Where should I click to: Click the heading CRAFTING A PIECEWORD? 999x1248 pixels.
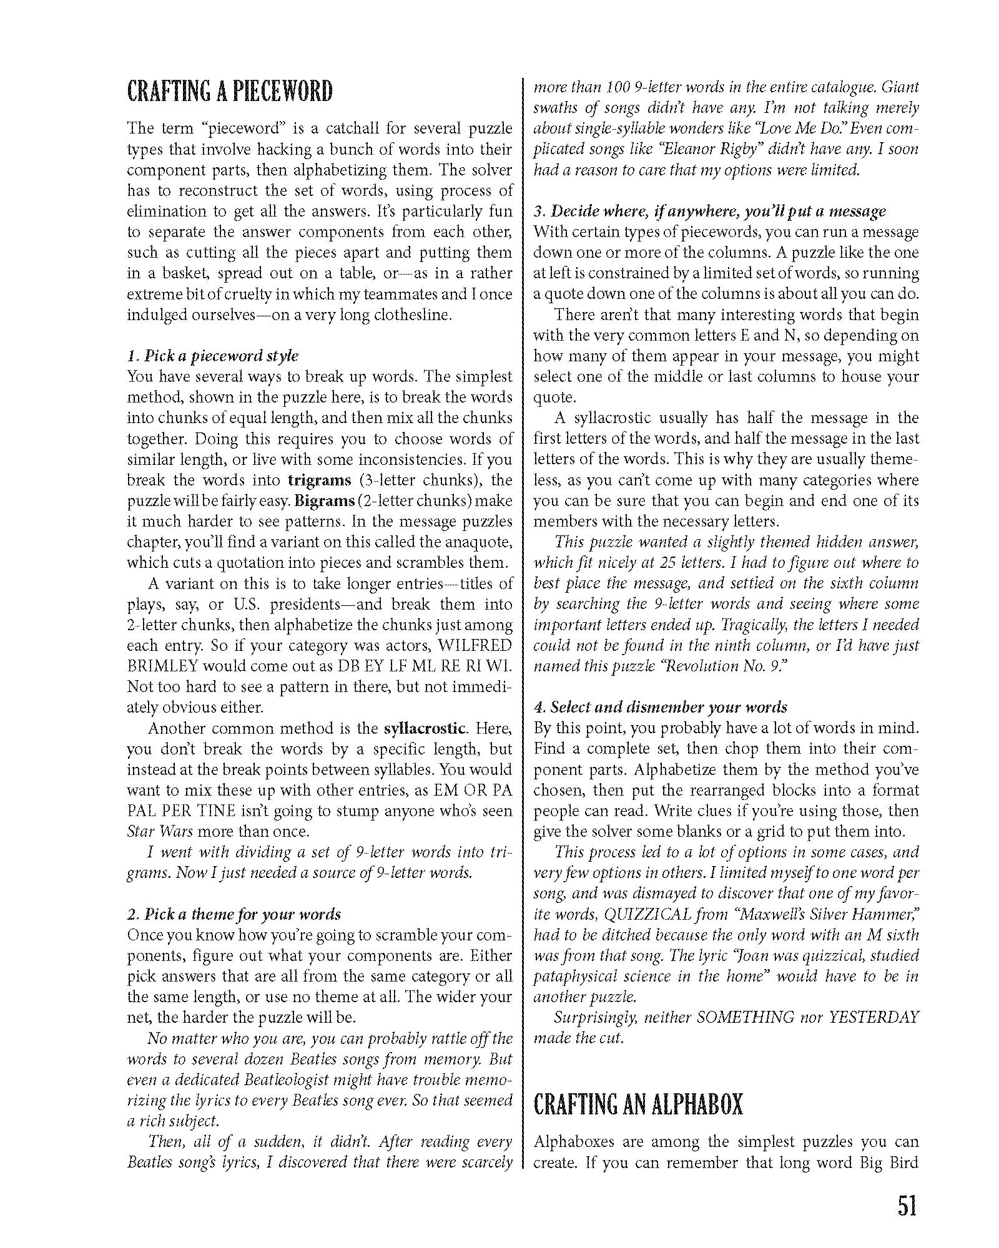[230, 92]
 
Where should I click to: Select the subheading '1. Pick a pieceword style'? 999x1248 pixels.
[213, 356]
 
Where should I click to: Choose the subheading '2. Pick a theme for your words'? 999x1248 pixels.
[234, 915]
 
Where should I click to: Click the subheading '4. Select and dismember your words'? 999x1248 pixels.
[660, 708]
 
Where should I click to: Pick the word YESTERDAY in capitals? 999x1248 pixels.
[874, 1018]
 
